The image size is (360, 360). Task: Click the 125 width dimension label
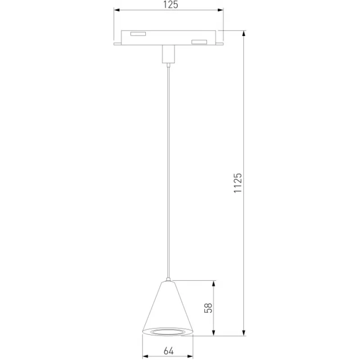pyautogui.click(x=171, y=5)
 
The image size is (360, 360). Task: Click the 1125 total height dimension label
pyautogui.click(x=238, y=183)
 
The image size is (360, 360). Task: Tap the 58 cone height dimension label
pyautogui.click(x=208, y=308)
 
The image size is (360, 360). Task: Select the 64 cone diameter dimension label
pyautogui.click(x=169, y=351)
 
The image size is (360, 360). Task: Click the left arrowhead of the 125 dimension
pyautogui.click(x=117, y=10)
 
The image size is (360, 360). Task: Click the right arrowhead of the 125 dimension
pyautogui.click(x=220, y=10)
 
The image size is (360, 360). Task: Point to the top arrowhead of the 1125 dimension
pyautogui.click(x=244, y=33)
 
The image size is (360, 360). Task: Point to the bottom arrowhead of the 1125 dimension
pyautogui.click(x=244, y=333)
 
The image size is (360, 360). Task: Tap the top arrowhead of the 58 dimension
pyautogui.click(x=214, y=283)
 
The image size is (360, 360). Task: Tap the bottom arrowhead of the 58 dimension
pyautogui.click(x=214, y=333)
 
